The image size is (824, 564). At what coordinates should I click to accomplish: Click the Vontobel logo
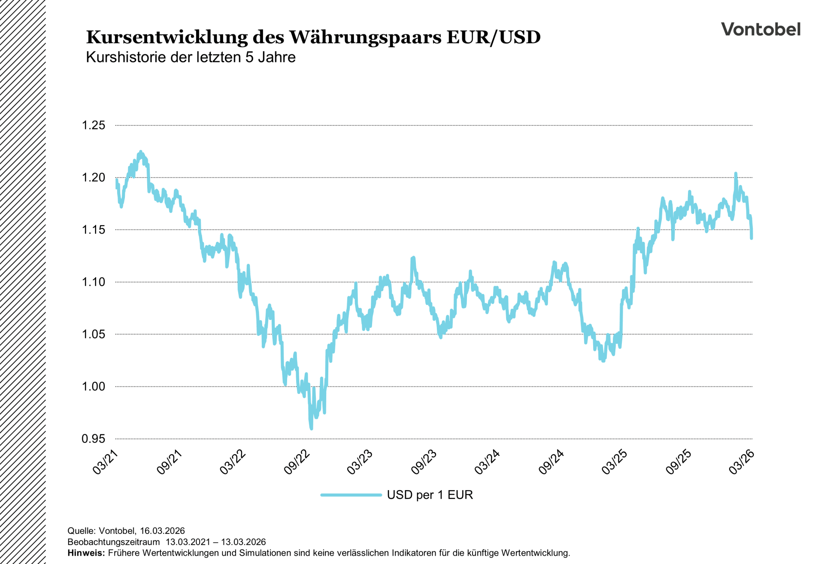[x=760, y=29]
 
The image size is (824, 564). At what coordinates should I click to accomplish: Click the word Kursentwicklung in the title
[x=167, y=37]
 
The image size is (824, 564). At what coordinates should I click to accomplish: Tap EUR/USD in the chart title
[x=493, y=37]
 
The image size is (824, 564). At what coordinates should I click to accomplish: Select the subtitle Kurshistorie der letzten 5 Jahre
[x=191, y=57]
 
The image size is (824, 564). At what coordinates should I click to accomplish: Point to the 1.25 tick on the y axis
[x=94, y=125]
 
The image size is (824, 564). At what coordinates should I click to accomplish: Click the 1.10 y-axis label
[x=94, y=282]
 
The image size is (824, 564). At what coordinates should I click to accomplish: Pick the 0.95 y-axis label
[x=94, y=439]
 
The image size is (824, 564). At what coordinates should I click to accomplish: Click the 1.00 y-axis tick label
[x=94, y=387]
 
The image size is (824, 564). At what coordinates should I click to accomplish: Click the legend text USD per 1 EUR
[x=430, y=495]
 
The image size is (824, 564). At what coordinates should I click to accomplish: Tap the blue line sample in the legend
[x=351, y=495]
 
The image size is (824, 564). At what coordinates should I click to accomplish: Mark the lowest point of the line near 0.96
[x=311, y=428]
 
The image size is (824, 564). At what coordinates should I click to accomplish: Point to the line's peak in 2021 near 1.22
[x=140, y=152]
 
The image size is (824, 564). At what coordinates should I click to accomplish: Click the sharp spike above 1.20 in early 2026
[x=736, y=174]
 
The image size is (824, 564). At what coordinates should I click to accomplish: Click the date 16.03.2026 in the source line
[x=162, y=530]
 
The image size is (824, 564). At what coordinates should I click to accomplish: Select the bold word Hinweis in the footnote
[x=86, y=553]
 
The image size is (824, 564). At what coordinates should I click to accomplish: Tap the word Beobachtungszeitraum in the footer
[x=113, y=542]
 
